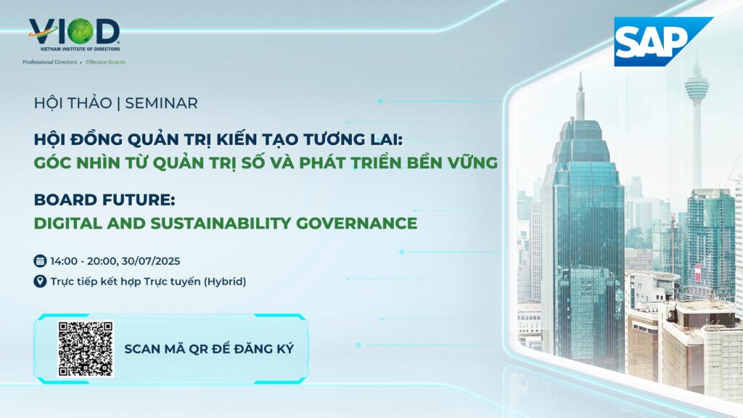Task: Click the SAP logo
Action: coord(663,41)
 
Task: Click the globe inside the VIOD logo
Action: coord(80,31)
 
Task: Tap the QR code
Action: coord(86,349)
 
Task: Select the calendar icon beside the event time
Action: coord(40,261)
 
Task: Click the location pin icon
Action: coord(40,281)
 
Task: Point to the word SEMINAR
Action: coord(161,103)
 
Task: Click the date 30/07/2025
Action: coord(151,261)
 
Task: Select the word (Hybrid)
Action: coord(225,282)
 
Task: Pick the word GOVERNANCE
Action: coord(357,223)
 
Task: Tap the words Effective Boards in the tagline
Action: coord(106,62)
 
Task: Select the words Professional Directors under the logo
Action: coord(50,62)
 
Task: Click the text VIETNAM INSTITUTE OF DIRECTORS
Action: coord(80,49)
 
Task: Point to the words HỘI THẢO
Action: coord(73,103)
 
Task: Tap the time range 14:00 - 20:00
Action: coord(83,261)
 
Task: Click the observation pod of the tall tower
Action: coord(696,86)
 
